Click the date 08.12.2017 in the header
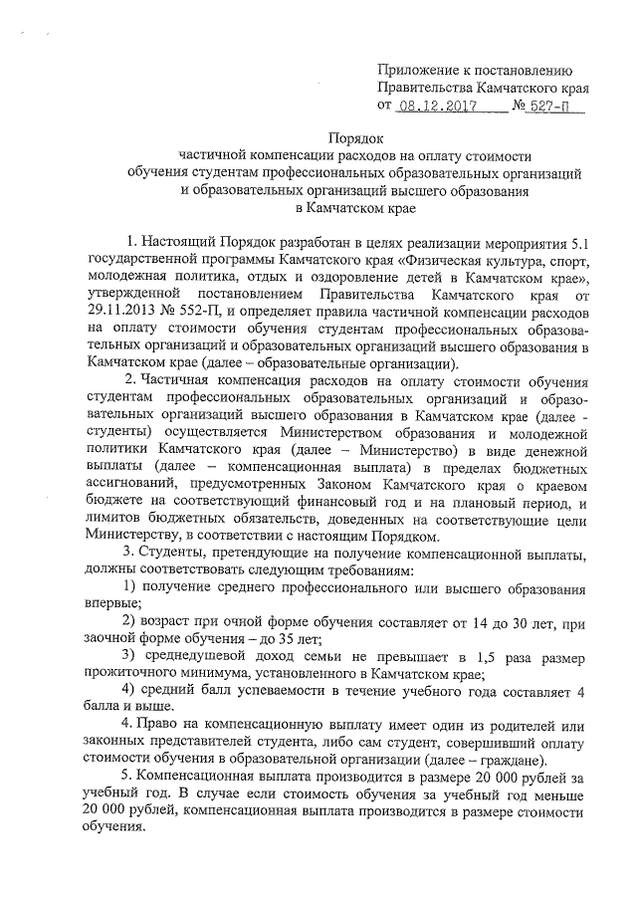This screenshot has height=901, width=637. tap(432, 105)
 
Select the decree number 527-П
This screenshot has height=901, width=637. tap(550, 105)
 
